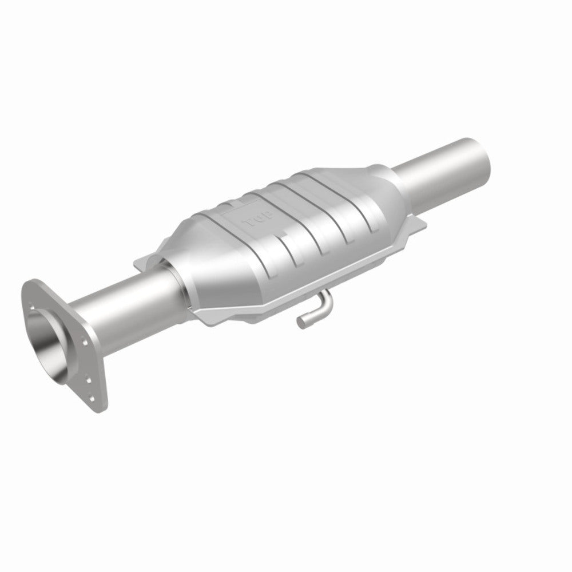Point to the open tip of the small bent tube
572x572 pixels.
point(300,323)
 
